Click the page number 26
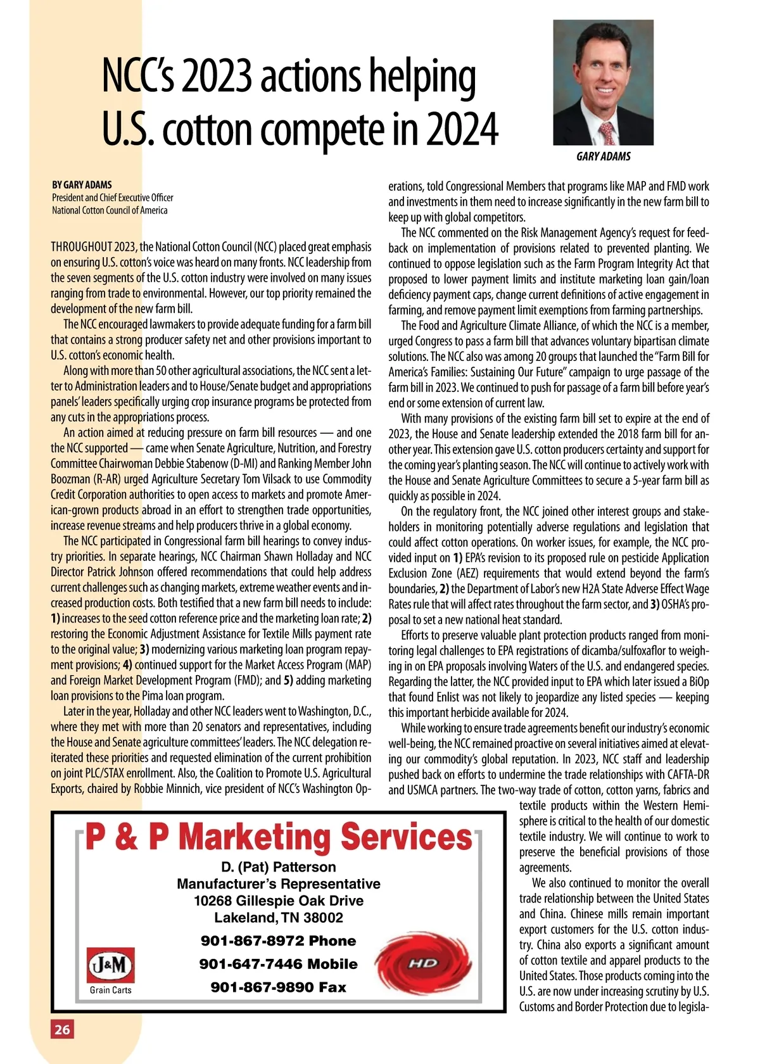pos(62,1029)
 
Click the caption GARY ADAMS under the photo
pos(603,156)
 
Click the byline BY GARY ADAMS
pos(82,185)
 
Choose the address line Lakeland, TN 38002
pos(279,918)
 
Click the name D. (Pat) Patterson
pos(279,867)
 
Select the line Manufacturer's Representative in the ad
pos(279,884)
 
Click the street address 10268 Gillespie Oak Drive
pos(279,901)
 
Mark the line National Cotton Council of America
pos(110,210)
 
